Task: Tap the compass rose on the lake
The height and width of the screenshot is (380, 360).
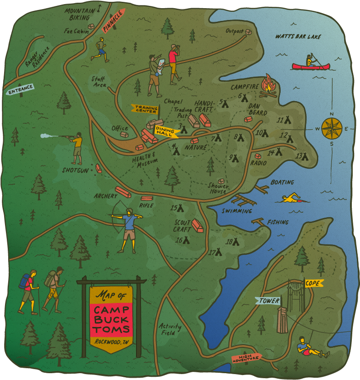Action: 331,128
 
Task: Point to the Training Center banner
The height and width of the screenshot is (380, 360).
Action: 145,109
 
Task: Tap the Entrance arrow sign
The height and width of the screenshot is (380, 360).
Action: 20,90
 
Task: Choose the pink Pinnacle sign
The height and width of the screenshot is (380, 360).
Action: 113,21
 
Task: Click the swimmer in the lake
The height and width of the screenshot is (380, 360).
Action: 295,198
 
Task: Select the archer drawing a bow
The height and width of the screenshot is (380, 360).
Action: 127,229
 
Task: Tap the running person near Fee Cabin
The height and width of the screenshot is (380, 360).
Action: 101,49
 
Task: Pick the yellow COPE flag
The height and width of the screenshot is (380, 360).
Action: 313,283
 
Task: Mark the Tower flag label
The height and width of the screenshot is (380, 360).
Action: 268,301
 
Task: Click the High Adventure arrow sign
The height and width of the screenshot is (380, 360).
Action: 246,358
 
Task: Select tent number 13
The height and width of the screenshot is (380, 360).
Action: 302,156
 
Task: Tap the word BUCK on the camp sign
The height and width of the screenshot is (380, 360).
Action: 111,319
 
